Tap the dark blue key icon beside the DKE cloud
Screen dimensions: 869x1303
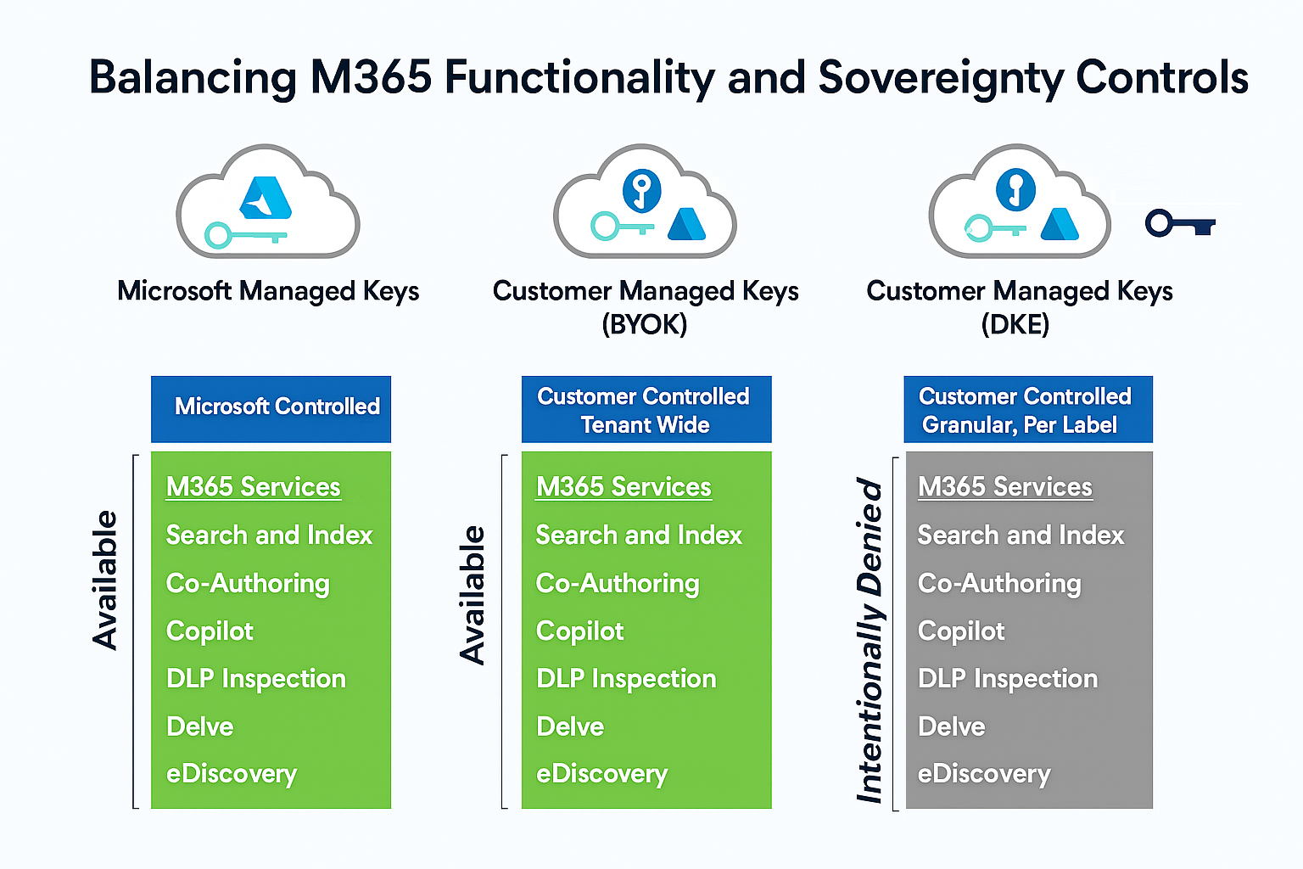coord(1179,224)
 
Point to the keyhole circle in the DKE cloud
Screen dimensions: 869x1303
coord(1015,188)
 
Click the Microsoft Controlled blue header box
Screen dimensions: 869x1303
coord(271,407)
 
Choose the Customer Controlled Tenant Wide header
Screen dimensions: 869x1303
coord(646,409)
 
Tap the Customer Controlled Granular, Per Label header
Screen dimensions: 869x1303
coord(1027,409)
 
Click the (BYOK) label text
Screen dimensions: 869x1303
coord(645,324)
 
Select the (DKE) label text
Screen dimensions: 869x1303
coord(1015,324)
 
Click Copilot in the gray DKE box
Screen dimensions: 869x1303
coord(961,631)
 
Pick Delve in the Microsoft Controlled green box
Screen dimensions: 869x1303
coord(200,726)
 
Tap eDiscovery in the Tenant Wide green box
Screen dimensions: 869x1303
coord(601,774)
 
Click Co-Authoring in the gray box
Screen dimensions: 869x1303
coord(999,584)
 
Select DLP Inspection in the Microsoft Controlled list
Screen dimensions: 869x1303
coord(256,679)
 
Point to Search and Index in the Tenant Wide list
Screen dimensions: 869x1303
coord(639,535)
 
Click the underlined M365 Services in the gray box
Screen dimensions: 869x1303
coord(1005,487)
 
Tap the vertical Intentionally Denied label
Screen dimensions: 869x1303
coord(870,641)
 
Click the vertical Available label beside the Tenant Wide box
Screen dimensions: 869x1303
coord(473,594)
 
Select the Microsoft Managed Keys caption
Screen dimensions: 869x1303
coord(268,291)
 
